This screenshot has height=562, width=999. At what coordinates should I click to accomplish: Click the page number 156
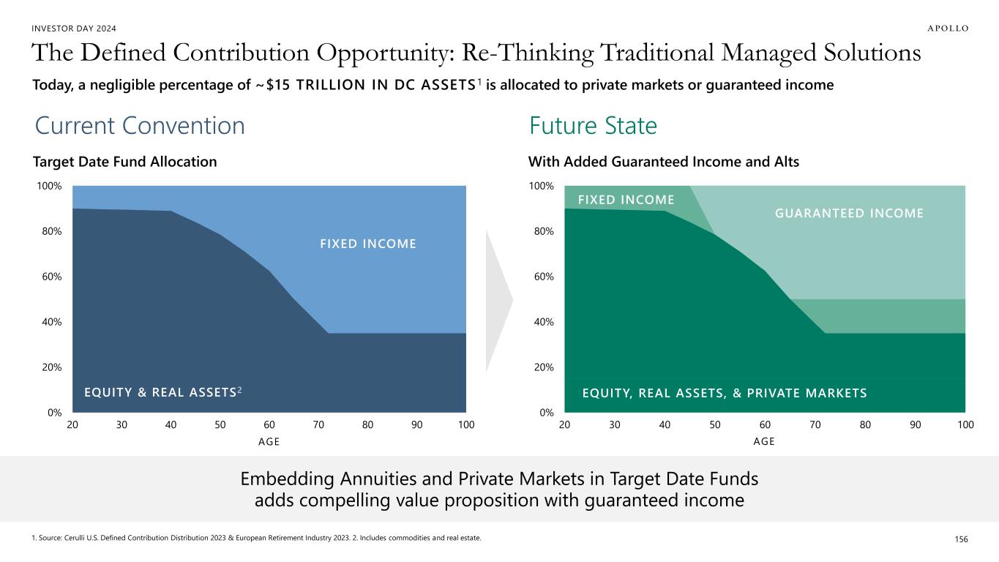coord(961,539)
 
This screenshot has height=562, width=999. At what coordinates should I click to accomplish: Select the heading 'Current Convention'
coord(140,126)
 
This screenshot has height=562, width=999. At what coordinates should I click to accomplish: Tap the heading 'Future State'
coord(593,126)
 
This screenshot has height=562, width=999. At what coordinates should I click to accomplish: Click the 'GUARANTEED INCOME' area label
coord(849,213)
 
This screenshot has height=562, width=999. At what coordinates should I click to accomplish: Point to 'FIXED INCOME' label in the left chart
coord(368,243)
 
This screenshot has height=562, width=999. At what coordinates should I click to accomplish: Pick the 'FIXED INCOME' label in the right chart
coord(626,200)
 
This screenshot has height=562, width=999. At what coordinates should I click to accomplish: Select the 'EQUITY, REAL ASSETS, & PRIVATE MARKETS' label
coord(724,393)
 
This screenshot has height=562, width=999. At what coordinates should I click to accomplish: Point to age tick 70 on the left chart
coord(318,425)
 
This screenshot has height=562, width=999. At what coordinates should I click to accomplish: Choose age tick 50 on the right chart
coord(714,425)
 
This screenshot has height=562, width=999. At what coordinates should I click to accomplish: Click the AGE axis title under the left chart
coord(269,441)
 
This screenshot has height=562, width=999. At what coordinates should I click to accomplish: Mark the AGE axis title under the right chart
coord(764,441)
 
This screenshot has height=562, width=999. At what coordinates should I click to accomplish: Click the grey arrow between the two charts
coord(498,299)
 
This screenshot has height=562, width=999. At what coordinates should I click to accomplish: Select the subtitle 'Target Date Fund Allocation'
coord(125,162)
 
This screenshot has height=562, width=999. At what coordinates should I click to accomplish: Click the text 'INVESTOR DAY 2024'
coord(74,28)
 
